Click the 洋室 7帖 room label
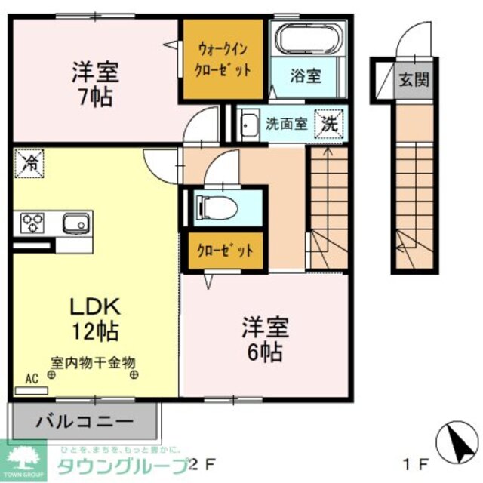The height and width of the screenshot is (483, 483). (x=95, y=85)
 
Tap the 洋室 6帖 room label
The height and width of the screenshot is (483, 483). (x=263, y=340)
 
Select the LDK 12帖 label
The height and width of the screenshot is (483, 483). (x=95, y=318)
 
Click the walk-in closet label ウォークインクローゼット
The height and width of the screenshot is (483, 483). (x=223, y=59)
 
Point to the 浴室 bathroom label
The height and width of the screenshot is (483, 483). (x=306, y=75)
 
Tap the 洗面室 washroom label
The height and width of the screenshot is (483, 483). (x=285, y=124)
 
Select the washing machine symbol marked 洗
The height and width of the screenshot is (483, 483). (x=331, y=122)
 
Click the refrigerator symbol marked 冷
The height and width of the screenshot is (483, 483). (x=29, y=162)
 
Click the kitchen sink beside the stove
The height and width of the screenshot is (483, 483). (x=75, y=223)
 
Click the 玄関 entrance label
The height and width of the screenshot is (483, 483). (x=414, y=79)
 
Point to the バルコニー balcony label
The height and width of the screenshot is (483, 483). (x=84, y=420)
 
